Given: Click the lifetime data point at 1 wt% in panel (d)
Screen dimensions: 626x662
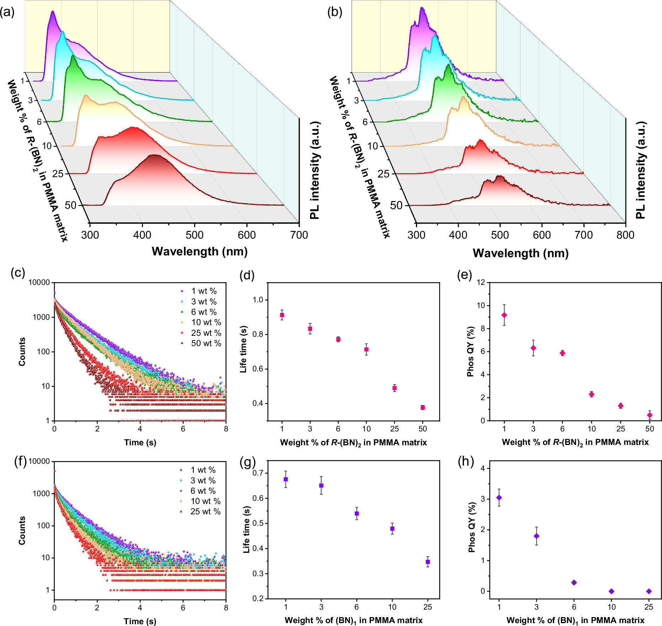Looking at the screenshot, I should click(282, 315).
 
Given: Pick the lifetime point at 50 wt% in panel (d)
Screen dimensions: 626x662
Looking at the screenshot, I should click(422, 408).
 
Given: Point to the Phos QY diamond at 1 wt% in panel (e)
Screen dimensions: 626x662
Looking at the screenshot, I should click(504, 315).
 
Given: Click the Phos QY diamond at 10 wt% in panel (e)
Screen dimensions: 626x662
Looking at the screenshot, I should click(592, 394).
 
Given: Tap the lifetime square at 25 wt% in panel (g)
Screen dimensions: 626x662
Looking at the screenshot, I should click(428, 562).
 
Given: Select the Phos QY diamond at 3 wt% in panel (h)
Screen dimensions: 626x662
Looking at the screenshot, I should click(536, 536).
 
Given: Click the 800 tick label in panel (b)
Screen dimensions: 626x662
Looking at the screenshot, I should click(625, 235).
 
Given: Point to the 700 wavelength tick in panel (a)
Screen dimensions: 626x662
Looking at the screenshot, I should click(299, 235).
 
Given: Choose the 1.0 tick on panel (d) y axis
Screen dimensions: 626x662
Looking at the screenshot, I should click(258, 300).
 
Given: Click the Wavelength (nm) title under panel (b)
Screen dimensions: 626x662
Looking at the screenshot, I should click(520, 253).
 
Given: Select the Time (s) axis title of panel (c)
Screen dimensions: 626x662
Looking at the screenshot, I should click(140, 442).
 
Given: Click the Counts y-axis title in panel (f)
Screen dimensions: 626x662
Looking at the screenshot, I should click(22, 530).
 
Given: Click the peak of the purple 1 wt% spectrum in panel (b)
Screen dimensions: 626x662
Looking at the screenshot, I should click(422, 8).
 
